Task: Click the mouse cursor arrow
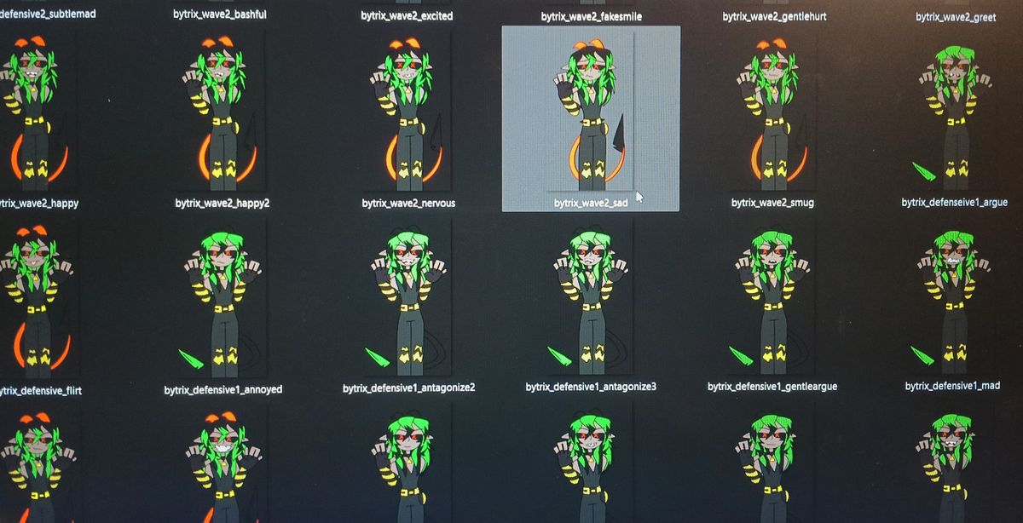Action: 639,197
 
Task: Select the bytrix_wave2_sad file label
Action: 591,203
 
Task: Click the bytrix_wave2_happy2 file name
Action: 223,203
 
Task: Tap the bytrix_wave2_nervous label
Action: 408,203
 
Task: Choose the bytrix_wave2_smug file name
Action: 772,203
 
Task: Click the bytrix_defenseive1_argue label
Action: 955,202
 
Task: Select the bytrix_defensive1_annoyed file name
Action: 223,390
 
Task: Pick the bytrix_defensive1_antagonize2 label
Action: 408,388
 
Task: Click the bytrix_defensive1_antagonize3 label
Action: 591,387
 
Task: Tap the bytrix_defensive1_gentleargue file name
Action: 772,387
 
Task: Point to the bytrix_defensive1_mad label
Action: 953,386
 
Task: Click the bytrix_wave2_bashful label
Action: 220,14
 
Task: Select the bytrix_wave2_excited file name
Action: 407,16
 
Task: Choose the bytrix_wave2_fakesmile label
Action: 592,17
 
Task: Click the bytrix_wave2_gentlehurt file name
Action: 774,17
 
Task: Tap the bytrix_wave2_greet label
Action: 956,17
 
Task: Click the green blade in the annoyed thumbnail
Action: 190,359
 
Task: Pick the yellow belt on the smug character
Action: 772,123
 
